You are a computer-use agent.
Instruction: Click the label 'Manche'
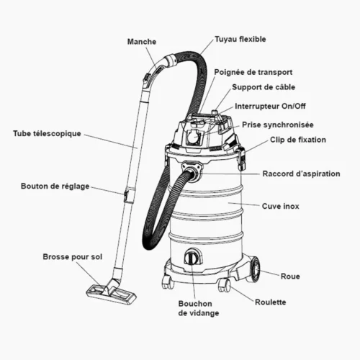pos(142,42)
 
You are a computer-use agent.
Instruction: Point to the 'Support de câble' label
pos(264,89)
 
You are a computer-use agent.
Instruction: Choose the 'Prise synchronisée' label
pos(277,124)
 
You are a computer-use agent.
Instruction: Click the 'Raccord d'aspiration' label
pos(300,174)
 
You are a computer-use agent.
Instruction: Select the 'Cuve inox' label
pos(280,207)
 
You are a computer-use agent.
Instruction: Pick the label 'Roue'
pos(291,276)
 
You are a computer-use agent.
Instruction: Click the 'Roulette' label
pos(270,303)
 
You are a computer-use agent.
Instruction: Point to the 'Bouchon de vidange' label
pos(198,308)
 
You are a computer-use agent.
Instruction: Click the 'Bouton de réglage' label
pos(55,186)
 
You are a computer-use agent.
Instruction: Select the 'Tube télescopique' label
pos(47,133)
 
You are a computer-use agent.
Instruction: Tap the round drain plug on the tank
pos(192,257)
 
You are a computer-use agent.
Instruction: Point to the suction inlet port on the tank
pos(192,173)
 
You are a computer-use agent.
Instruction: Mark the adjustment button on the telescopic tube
pos(125,194)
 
